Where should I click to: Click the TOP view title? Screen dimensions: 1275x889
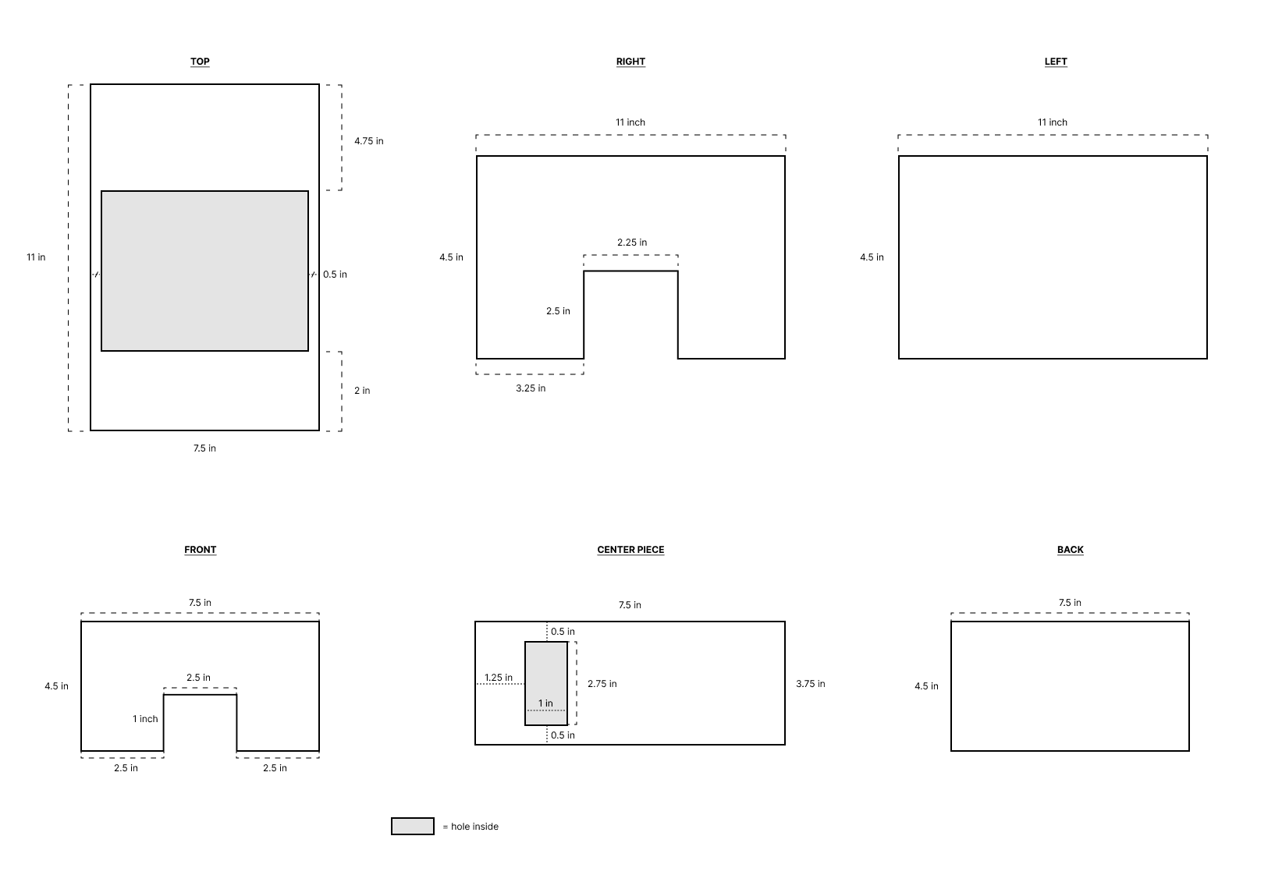(200, 62)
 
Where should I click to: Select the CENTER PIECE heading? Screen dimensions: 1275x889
(630, 550)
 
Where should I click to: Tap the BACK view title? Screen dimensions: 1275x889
(1070, 550)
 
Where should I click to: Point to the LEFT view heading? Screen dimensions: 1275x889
(1056, 62)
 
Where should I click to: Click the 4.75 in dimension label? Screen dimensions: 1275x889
(368, 141)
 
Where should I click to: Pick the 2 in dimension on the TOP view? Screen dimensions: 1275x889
(362, 391)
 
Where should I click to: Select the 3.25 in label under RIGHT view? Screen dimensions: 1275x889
(531, 388)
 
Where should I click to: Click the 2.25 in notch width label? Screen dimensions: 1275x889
(632, 243)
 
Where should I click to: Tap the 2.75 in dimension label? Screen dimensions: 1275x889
(602, 684)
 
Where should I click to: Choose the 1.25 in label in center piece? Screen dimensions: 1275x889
(499, 678)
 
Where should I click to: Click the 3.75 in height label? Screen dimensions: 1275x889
(810, 684)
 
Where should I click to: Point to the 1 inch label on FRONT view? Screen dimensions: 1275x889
(145, 719)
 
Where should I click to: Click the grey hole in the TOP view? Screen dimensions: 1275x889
(204, 271)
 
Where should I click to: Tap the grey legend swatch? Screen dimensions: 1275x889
(413, 826)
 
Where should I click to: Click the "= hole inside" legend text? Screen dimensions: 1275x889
(471, 827)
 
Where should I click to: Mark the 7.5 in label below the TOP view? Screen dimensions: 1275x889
(204, 448)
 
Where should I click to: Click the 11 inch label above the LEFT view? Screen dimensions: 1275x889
(1052, 122)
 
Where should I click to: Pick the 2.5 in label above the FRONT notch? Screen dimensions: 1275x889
(198, 678)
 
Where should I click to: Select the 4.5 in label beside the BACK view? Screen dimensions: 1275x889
(926, 686)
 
